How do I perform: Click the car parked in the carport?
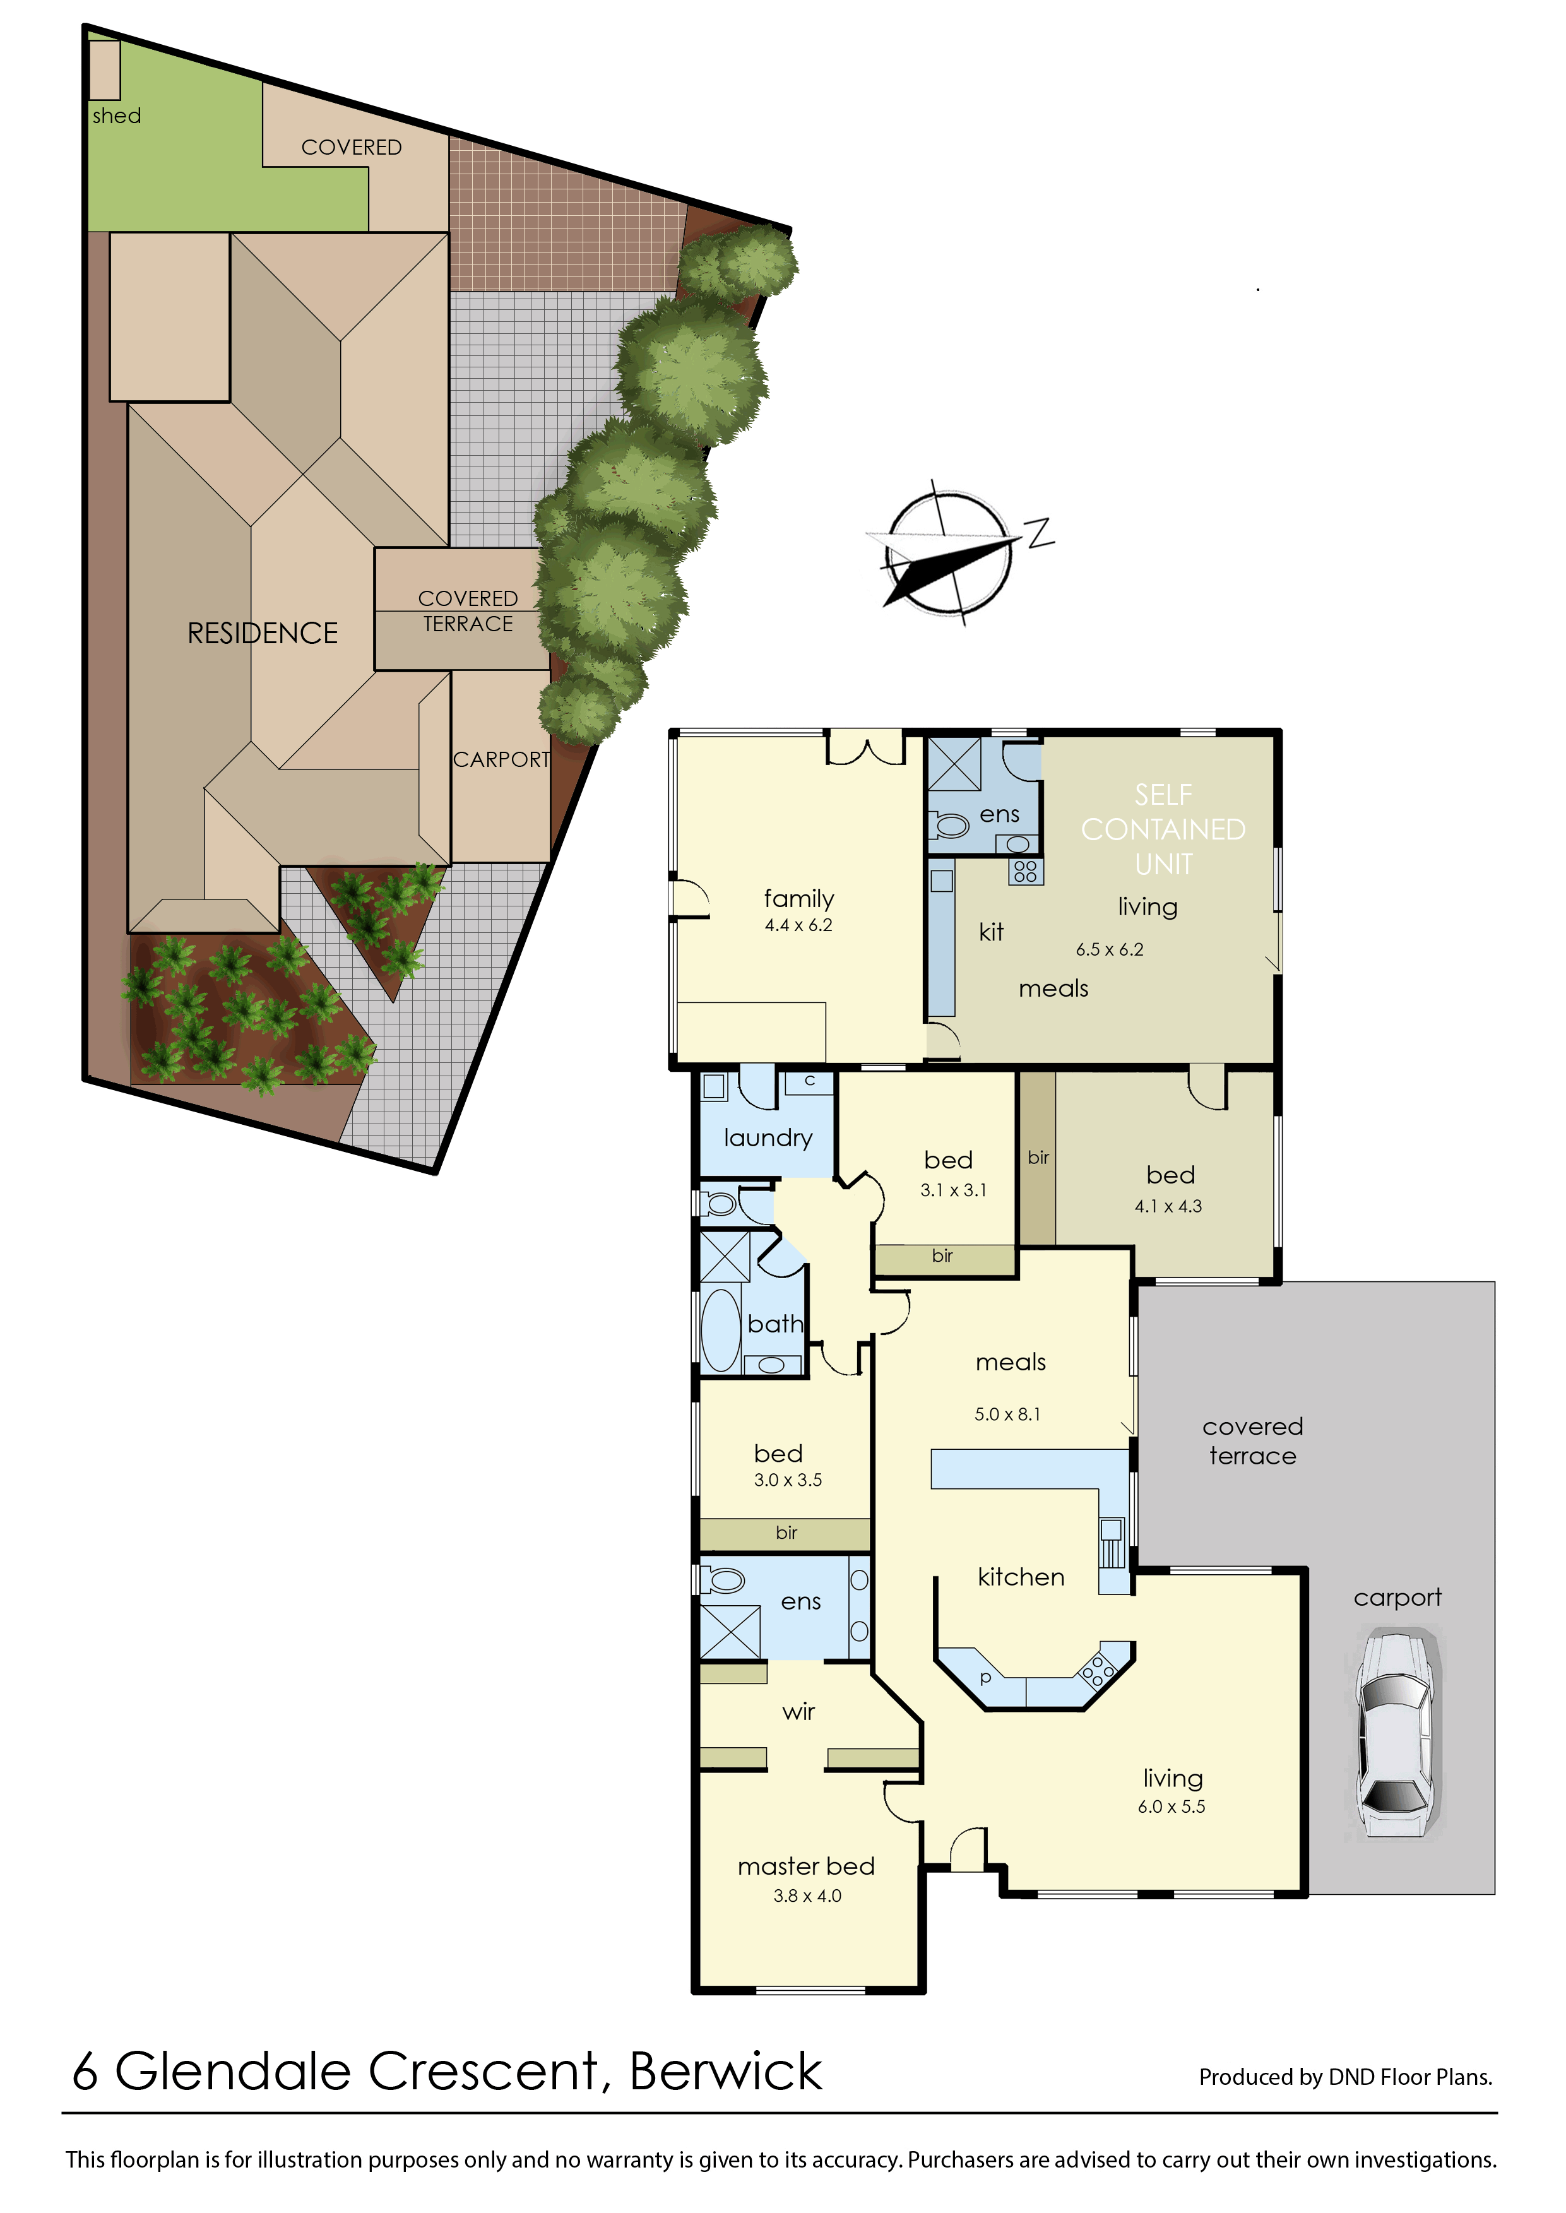pyautogui.click(x=1397, y=1736)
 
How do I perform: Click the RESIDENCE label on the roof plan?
pyautogui.click(x=263, y=634)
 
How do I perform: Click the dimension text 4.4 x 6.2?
pyautogui.click(x=798, y=926)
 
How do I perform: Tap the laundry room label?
pyautogui.click(x=769, y=1139)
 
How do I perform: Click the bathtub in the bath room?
pyautogui.click(x=721, y=1330)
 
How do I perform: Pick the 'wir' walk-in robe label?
pyautogui.click(x=798, y=1712)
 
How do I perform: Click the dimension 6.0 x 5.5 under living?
pyautogui.click(x=1172, y=1807)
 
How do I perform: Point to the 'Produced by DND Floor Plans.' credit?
pyautogui.click(x=1346, y=2077)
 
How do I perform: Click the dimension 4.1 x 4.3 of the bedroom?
pyautogui.click(x=1169, y=1206)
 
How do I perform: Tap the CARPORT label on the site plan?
pyautogui.click(x=501, y=760)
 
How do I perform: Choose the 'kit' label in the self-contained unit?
pyautogui.click(x=991, y=932)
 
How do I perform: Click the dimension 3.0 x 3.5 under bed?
pyautogui.click(x=788, y=1480)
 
